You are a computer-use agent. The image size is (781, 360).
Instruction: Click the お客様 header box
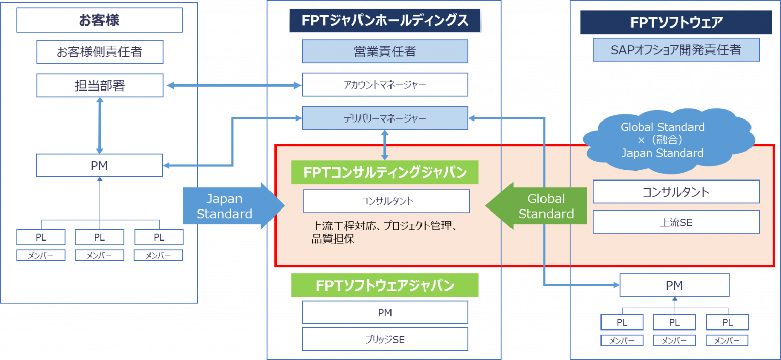coord(99,20)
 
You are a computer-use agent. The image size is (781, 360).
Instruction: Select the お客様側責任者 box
coord(100,51)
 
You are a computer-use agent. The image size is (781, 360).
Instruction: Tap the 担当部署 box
coord(100,85)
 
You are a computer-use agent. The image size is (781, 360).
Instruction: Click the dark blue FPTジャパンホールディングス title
coord(385,21)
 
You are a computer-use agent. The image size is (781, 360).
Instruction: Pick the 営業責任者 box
coord(385,51)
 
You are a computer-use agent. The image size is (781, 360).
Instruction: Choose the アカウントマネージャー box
coord(385,85)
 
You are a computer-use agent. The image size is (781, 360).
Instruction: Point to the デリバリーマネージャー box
coord(385,118)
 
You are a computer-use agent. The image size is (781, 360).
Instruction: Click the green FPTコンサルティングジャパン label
coord(385,172)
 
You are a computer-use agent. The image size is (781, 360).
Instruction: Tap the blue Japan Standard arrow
coord(229,206)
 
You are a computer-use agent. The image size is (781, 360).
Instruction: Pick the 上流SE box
coord(676,222)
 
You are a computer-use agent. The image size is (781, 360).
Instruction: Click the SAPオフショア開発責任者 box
coord(676,50)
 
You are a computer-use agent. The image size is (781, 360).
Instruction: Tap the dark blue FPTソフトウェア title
coord(676,22)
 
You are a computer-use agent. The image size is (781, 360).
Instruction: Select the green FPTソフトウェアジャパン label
coord(385,285)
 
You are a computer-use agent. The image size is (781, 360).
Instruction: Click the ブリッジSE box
coord(385,339)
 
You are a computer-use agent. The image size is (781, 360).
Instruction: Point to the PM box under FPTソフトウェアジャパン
coord(385,313)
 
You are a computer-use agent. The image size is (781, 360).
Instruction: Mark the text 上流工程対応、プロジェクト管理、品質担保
coord(386,232)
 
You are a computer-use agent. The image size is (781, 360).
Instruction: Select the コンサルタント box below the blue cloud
coord(676,192)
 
